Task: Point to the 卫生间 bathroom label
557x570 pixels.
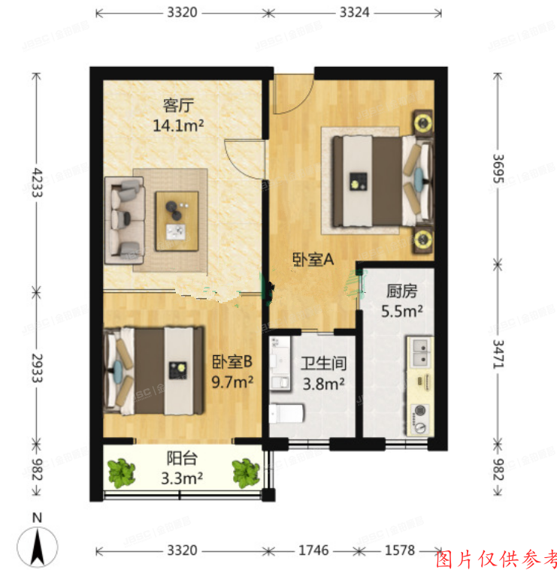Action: (323, 364)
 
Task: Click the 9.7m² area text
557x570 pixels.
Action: (232, 382)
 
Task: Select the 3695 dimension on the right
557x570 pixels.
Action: (496, 165)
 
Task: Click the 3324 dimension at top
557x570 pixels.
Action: (354, 13)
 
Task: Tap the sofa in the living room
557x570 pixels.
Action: (125, 221)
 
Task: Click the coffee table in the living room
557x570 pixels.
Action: (177, 221)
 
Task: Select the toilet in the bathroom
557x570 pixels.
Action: (286, 412)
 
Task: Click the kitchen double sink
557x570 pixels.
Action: (420, 348)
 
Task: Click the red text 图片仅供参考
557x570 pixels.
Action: (497, 558)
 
